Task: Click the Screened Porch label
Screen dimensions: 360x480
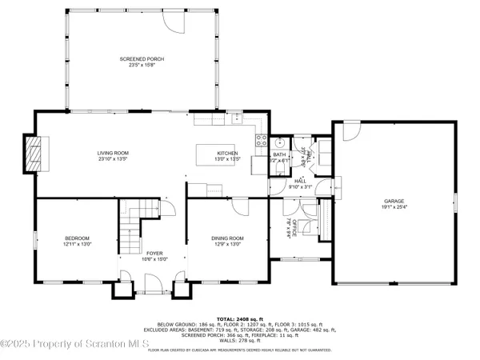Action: [134, 59]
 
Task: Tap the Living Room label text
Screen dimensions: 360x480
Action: [113, 153]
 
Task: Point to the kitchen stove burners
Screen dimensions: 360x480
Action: [260, 142]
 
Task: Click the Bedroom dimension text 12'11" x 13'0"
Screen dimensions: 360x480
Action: [78, 244]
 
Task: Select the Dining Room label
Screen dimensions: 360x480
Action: [226, 238]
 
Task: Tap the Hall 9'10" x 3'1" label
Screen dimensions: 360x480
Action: [300, 183]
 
